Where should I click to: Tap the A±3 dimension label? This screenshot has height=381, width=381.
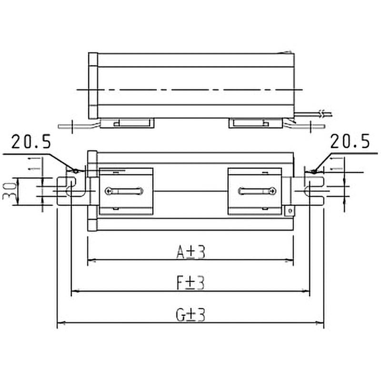point(190,252)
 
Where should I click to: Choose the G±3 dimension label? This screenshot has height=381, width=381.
point(190,315)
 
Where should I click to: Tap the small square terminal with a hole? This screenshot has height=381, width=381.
point(288,210)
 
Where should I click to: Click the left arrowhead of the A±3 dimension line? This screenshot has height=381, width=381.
point(90,261)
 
